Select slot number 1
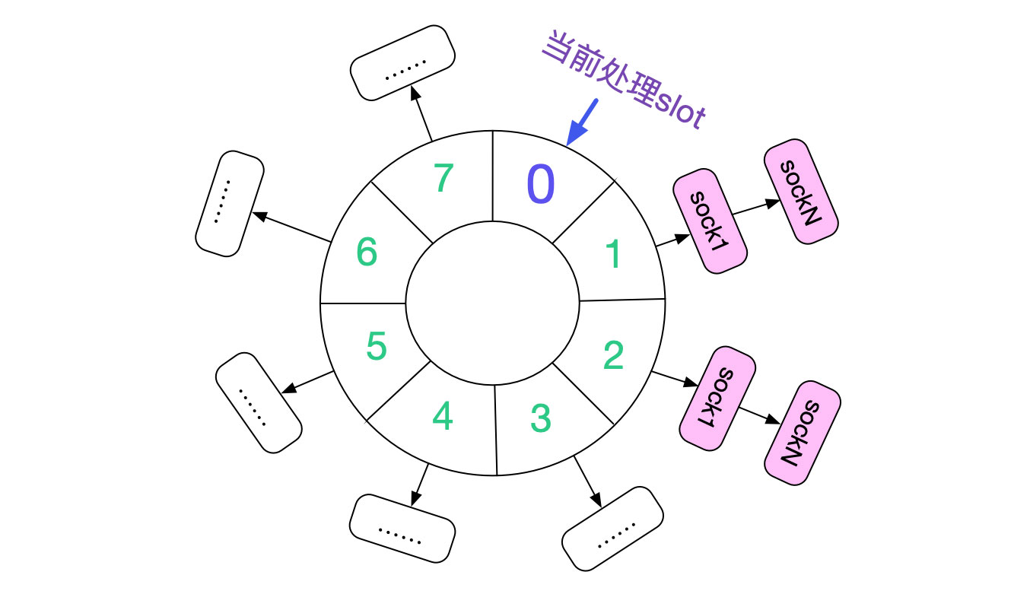(613, 256)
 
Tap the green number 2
(613, 355)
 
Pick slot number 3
(539, 418)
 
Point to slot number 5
(376, 347)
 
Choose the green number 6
(367, 252)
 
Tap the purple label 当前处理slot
(624, 83)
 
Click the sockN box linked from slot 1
(801, 191)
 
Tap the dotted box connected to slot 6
(230, 203)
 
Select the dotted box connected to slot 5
(259, 403)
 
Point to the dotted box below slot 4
(402, 529)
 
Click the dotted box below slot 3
(612, 529)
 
